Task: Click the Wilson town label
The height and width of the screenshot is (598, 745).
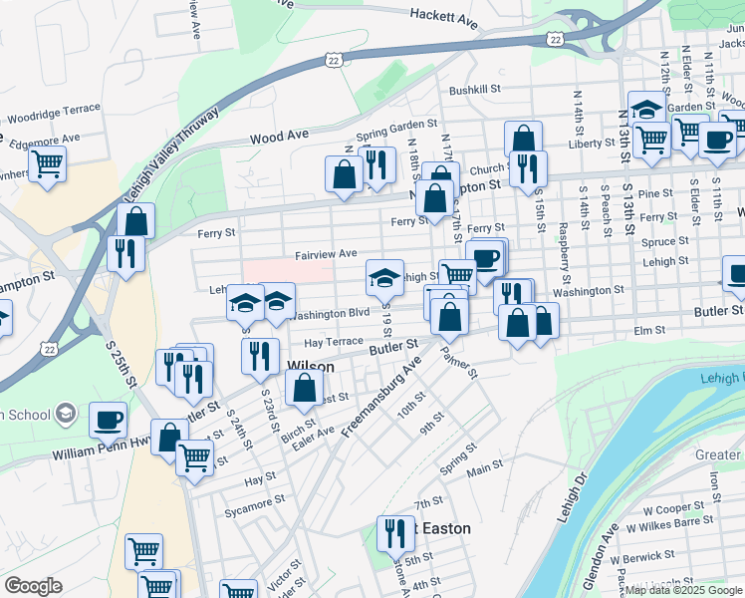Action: [x=310, y=366]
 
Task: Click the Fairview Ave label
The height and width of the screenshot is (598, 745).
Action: [x=325, y=254]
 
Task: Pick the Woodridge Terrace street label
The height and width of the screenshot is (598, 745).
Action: [x=52, y=109]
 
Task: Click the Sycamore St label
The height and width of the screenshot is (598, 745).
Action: [x=254, y=512]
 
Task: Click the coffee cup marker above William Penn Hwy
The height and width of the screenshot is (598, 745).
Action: [x=108, y=420]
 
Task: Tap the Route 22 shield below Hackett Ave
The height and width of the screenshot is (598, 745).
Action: [x=556, y=38]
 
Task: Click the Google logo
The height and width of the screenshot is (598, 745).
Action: [x=33, y=585]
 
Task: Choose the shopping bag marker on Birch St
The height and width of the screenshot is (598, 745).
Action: [x=305, y=387]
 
